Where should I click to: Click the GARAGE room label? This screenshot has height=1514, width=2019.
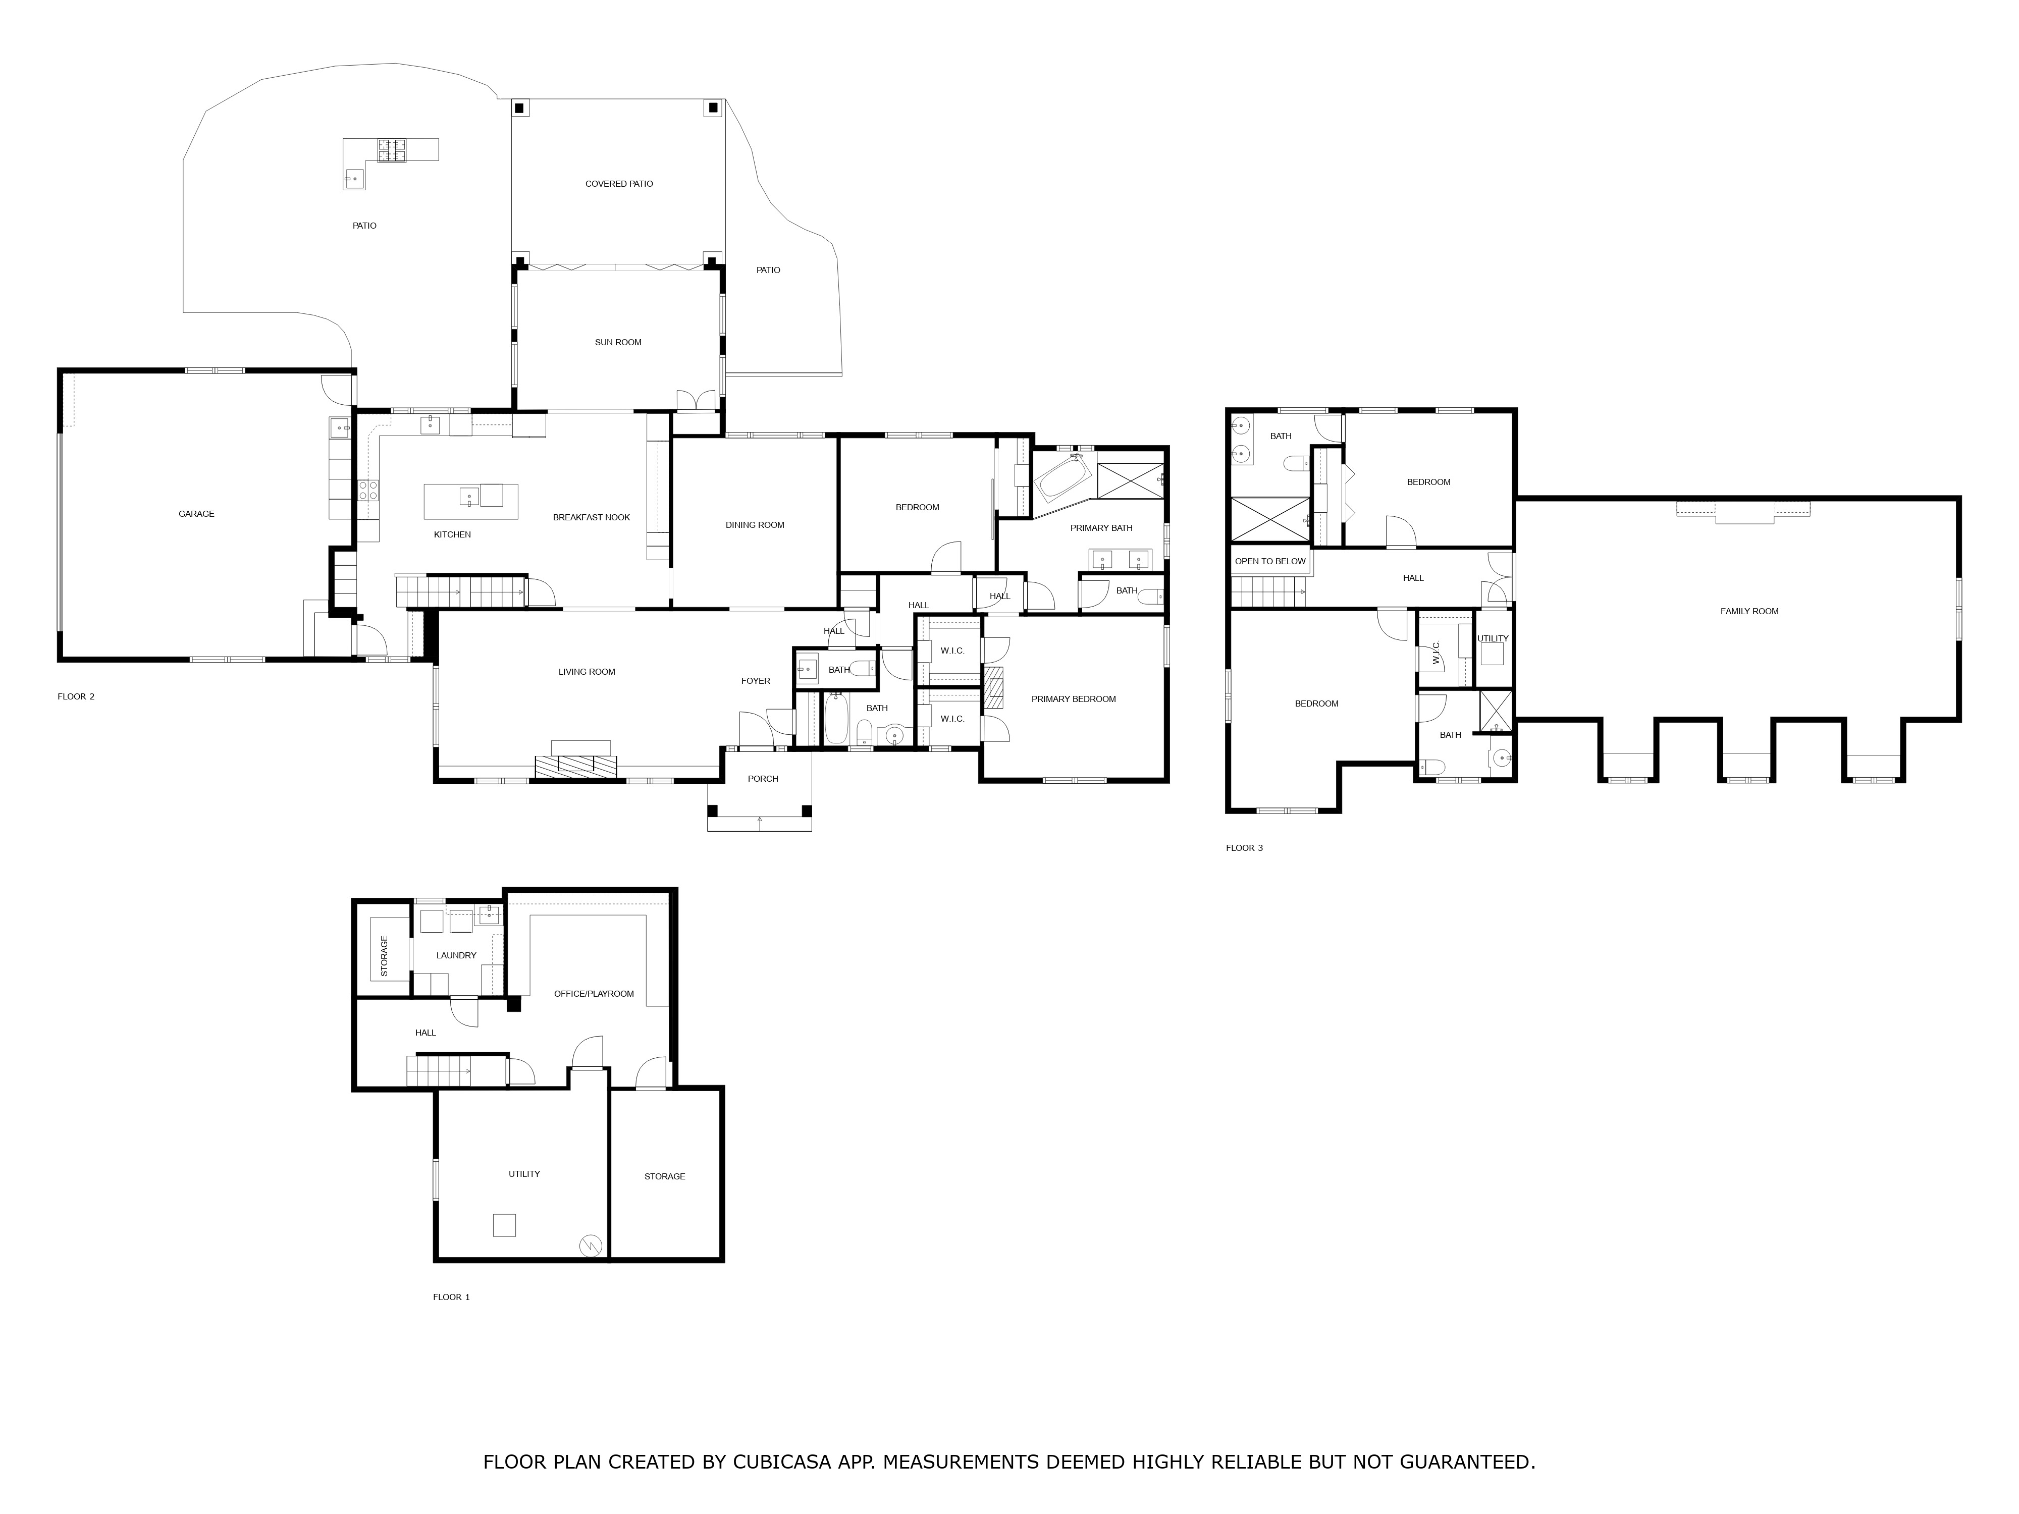pyautogui.click(x=196, y=514)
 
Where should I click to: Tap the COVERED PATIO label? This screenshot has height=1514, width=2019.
pyautogui.click(x=619, y=183)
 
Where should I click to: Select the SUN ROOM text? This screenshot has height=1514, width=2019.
pyautogui.click(x=618, y=342)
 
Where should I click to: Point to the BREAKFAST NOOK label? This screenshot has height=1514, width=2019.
pyautogui.click(x=592, y=517)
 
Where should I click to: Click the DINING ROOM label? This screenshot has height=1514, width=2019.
pyautogui.click(x=755, y=525)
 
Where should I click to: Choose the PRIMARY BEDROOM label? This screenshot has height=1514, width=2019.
pyautogui.click(x=1074, y=699)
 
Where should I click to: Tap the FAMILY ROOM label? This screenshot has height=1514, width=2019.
pyautogui.click(x=1749, y=612)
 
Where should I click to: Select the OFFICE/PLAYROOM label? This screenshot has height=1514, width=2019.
pyautogui.click(x=593, y=994)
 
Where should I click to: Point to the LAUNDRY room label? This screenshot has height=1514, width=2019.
pyautogui.click(x=456, y=955)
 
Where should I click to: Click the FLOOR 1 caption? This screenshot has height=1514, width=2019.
pyautogui.click(x=451, y=1297)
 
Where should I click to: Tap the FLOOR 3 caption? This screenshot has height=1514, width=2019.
pyautogui.click(x=1244, y=848)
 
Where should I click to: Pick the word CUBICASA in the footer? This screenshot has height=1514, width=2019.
pyautogui.click(x=781, y=1462)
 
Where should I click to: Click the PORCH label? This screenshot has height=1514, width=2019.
pyautogui.click(x=763, y=778)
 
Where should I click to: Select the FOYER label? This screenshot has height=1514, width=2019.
pyautogui.click(x=756, y=681)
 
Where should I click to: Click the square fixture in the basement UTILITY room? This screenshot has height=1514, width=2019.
pyautogui.click(x=504, y=1225)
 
